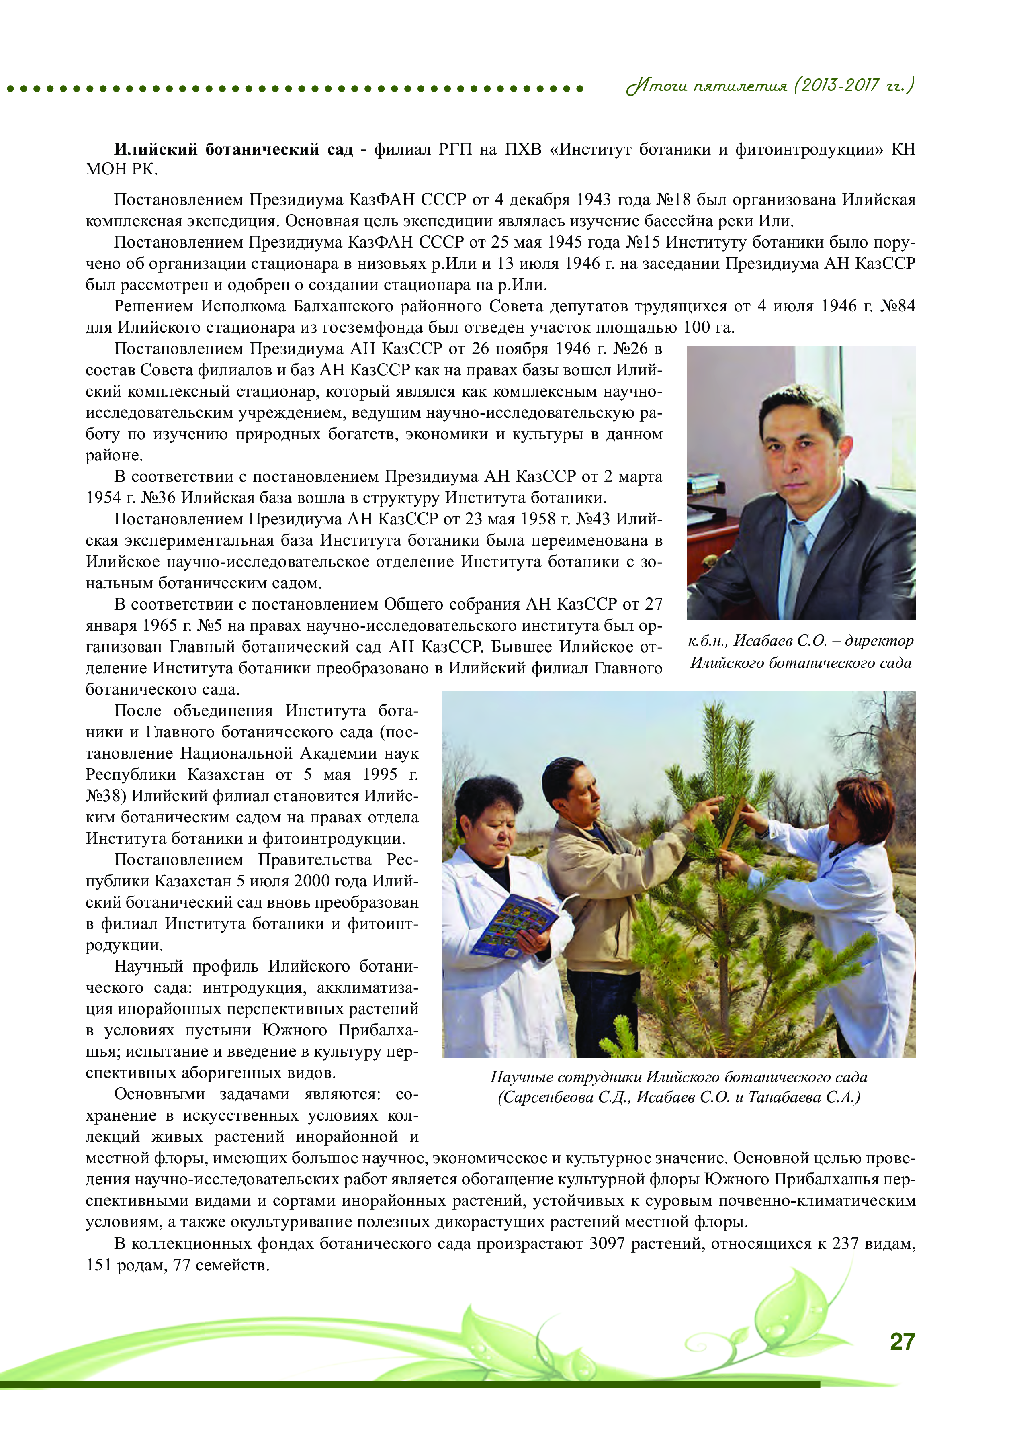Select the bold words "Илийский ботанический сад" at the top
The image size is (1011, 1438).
pyautogui.click(x=233, y=149)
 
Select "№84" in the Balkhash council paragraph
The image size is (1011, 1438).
pyautogui.click(x=898, y=306)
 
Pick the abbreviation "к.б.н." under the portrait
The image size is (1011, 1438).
pyautogui.click(x=706, y=641)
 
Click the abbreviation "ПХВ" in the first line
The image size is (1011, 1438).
pyautogui.click(x=522, y=149)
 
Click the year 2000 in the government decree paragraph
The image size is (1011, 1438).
pyautogui.click(x=312, y=881)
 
